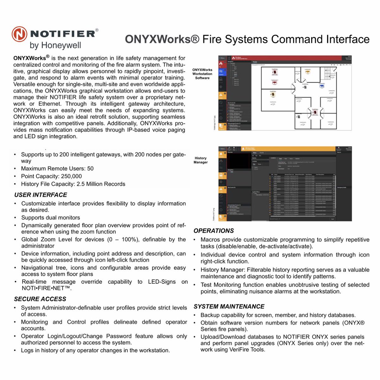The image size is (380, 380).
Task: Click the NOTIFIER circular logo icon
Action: click(20, 34)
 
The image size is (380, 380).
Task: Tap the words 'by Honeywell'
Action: click(55, 45)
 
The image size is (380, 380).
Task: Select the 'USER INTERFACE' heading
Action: click(41, 195)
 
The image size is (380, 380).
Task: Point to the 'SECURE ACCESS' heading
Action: click(40, 299)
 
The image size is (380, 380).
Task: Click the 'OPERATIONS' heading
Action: click(213, 231)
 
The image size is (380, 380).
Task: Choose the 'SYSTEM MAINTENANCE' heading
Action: click(229, 307)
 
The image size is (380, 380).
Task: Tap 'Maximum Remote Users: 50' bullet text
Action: click(57, 168)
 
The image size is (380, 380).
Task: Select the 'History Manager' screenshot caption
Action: click(200, 160)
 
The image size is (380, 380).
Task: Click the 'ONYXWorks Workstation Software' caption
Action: click(202, 74)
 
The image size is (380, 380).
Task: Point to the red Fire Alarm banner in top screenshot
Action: click(285, 58)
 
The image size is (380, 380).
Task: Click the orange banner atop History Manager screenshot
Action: click(285, 149)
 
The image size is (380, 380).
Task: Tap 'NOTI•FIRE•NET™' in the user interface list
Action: click(46, 288)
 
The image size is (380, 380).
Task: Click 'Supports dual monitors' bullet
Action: click(50, 218)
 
